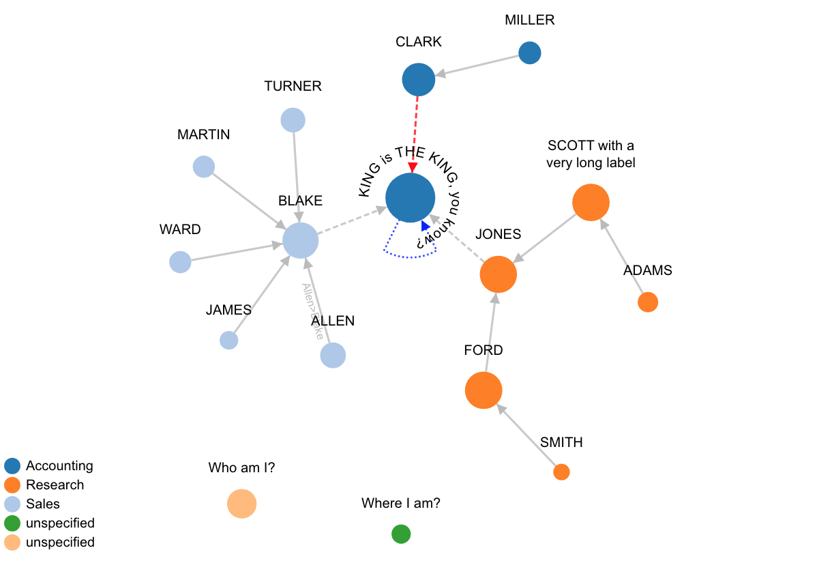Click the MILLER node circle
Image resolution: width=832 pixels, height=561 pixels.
(x=530, y=53)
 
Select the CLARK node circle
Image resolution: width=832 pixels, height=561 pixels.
(x=419, y=80)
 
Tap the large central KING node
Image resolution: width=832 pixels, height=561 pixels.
(x=410, y=198)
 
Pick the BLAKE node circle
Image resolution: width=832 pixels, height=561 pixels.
(x=301, y=241)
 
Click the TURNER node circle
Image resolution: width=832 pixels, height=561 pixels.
(x=293, y=120)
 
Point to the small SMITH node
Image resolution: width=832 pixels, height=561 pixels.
(x=561, y=472)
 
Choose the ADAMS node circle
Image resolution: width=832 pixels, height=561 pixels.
(x=648, y=302)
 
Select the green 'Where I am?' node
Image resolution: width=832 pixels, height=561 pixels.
(x=401, y=534)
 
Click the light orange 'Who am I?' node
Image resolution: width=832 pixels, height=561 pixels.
(x=241, y=504)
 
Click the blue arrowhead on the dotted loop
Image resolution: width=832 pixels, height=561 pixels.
(x=426, y=226)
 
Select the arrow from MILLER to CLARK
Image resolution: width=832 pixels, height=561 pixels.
(x=477, y=66)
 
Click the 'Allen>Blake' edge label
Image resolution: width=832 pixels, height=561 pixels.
(x=313, y=311)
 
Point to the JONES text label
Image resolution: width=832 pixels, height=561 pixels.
(x=498, y=235)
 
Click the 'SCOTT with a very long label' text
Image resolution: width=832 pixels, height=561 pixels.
(x=591, y=154)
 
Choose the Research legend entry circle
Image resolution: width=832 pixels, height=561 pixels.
(x=12, y=485)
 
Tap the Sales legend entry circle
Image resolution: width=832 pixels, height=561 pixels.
(x=12, y=504)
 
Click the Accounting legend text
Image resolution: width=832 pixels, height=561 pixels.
(x=59, y=466)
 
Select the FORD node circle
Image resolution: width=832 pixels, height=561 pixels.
(x=484, y=390)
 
